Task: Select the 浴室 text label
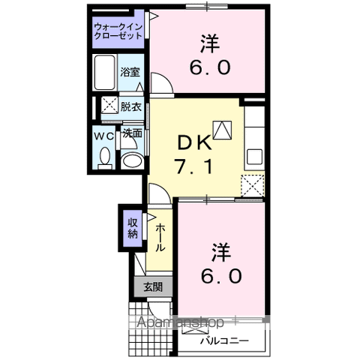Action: [x=130, y=73]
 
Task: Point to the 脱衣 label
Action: [x=130, y=106]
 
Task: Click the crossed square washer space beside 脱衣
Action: [x=108, y=106]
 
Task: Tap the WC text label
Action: [x=104, y=136]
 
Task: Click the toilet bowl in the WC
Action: [x=105, y=158]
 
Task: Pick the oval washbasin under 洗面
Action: [x=132, y=159]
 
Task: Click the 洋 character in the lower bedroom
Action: [x=220, y=248]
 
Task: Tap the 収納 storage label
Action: [x=132, y=228]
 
